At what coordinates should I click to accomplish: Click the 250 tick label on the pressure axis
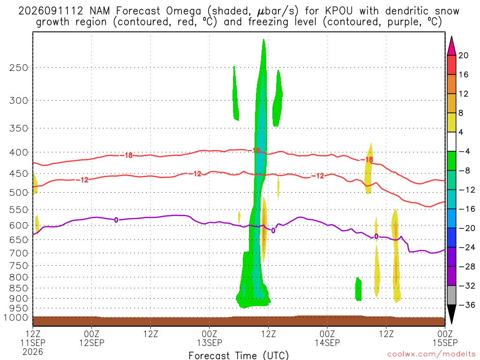(19, 67)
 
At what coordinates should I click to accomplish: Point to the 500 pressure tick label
(19, 193)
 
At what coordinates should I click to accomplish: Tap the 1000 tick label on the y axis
(16, 318)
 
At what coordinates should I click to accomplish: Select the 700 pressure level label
(19, 253)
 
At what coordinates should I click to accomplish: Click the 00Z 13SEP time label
(210, 338)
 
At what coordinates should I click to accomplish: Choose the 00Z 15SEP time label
(445, 338)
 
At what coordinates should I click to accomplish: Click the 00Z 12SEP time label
(92, 338)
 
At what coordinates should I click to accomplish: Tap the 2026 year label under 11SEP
(33, 352)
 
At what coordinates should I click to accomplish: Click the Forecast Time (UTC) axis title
(239, 355)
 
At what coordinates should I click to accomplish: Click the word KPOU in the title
(338, 11)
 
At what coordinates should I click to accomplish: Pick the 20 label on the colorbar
(464, 55)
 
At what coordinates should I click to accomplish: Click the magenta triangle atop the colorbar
(451, 46)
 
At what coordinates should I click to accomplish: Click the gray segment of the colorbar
(451, 295)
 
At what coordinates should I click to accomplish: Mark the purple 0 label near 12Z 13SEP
(273, 231)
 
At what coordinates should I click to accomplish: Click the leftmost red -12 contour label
(82, 180)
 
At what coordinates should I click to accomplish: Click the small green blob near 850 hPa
(358, 289)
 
